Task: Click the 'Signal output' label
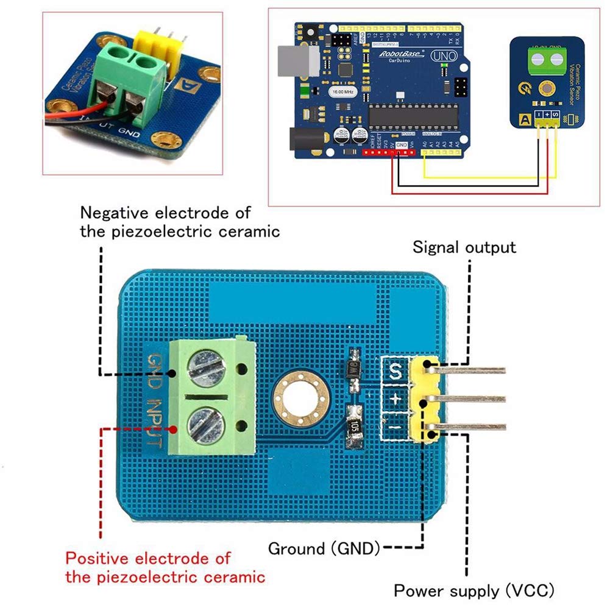point(464,247)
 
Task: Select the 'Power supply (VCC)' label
point(474,590)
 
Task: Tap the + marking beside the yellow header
point(395,400)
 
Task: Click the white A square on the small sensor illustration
point(522,119)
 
